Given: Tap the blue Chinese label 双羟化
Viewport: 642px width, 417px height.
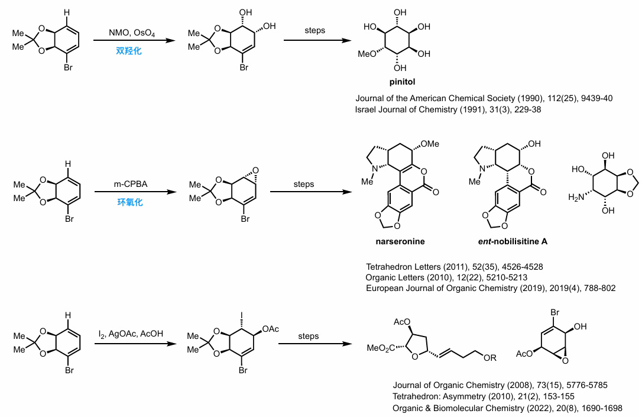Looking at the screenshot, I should tap(129, 51).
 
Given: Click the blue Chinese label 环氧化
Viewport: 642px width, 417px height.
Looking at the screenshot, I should tap(129, 202).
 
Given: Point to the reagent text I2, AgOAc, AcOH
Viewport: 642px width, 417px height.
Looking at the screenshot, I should tap(131, 335).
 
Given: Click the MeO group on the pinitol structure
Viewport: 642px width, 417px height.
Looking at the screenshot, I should tap(368, 54).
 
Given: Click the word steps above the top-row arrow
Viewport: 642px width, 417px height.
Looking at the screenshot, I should tap(314, 30).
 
